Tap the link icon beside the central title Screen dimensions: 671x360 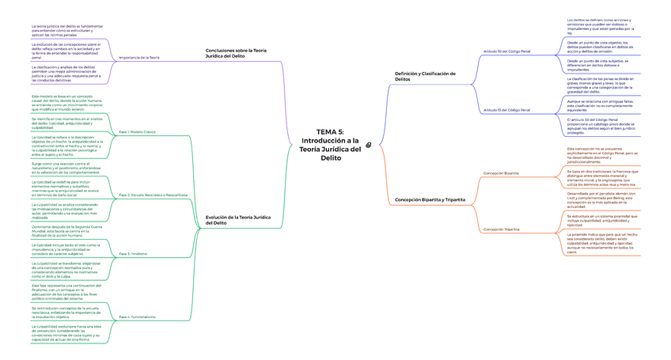pos(369,144)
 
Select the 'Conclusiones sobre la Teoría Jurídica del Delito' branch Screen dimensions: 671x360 pos(236,53)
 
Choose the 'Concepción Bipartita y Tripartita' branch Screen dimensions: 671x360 pos(430,200)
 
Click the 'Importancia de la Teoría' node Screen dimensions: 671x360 pos(138,57)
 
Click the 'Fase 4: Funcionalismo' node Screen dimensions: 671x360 pos(137,316)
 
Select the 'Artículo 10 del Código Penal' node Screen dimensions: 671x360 pos(507,51)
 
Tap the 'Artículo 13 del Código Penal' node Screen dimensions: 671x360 pos(507,109)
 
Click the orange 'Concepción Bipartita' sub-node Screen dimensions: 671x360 pos(501,172)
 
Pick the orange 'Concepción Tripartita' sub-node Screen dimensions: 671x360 pos(501,229)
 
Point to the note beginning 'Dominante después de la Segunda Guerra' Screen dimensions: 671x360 pos(67,231)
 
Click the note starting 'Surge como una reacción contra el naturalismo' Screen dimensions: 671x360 pos(68,168)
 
